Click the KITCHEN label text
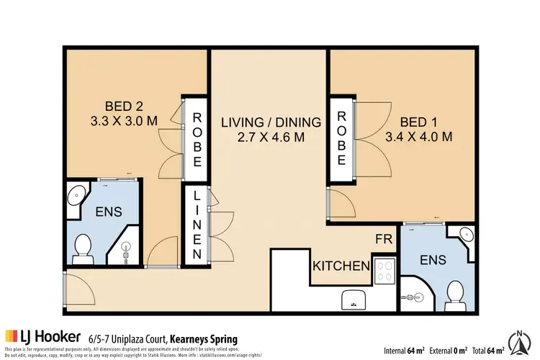[341, 266]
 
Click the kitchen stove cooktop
[384, 270]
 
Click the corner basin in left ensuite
[76, 193]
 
